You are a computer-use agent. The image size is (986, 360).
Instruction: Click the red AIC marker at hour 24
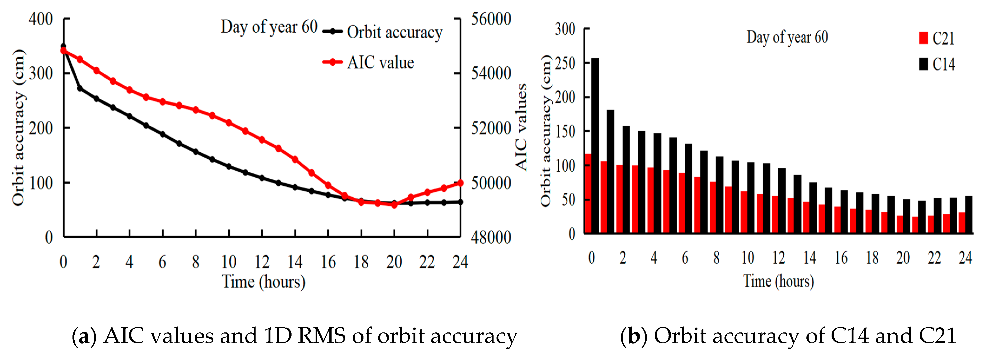pyautogui.click(x=460, y=183)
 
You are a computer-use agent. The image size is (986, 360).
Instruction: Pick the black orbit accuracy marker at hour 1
pyautogui.click(x=80, y=88)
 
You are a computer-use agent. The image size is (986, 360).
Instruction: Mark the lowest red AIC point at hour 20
pyautogui.click(x=394, y=205)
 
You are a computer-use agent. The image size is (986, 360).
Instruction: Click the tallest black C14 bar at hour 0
pyautogui.click(x=595, y=145)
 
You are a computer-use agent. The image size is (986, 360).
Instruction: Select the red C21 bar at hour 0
pyautogui.click(x=588, y=193)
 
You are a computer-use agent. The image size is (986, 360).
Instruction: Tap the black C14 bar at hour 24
pyautogui.click(x=969, y=214)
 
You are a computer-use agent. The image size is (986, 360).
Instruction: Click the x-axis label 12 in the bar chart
pyautogui.click(x=779, y=258)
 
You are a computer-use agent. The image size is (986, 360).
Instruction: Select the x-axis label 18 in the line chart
pyautogui.click(x=361, y=262)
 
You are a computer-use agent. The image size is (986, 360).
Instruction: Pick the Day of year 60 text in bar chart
pyautogui.click(x=787, y=37)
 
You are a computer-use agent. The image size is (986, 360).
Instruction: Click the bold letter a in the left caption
pyautogui.click(x=84, y=336)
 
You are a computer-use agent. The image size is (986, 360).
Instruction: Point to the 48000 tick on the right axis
pyautogui.click(x=491, y=238)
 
